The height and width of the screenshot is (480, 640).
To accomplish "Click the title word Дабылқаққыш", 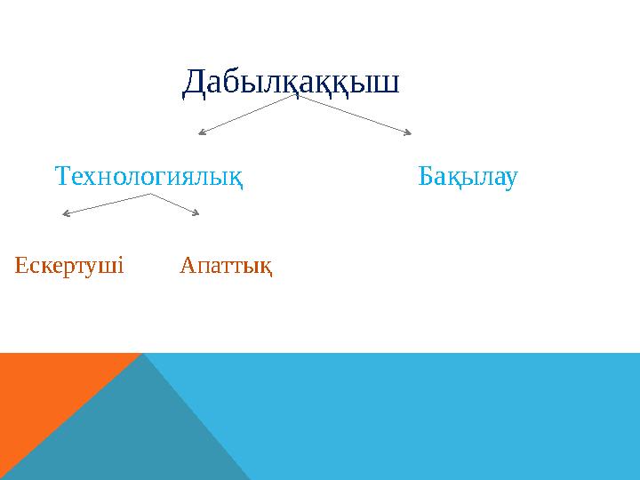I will click(x=291, y=83).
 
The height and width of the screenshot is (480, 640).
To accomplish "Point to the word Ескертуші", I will click(x=69, y=265).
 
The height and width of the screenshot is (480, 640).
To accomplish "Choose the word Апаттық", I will click(x=226, y=265).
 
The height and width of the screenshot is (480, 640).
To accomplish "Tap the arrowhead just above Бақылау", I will click(x=408, y=134).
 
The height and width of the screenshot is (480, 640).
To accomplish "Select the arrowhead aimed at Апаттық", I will click(x=196, y=212).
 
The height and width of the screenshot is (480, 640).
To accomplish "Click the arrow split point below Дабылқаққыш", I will click(x=299, y=96).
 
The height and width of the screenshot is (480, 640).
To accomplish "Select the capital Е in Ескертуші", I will click(x=22, y=265).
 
